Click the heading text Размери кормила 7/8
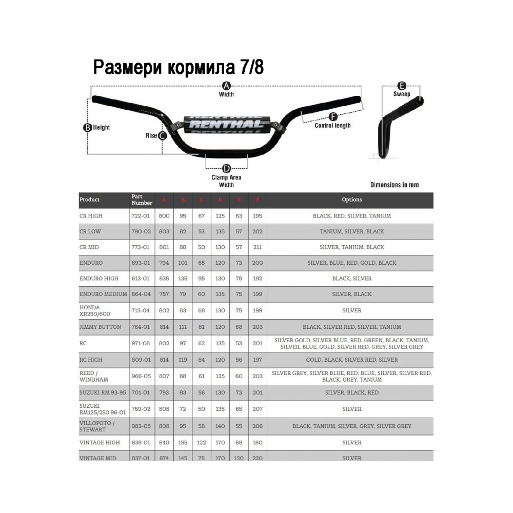[x=178, y=67]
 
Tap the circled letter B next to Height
[x=87, y=127]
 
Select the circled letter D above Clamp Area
[x=226, y=168]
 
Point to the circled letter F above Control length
[x=332, y=116]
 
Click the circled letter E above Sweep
[x=402, y=86]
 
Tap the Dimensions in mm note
[x=394, y=185]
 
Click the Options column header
[x=351, y=200]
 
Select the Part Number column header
[x=142, y=200]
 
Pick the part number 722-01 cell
[x=141, y=216]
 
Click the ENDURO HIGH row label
[x=98, y=279]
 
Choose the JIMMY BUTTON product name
[x=100, y=327]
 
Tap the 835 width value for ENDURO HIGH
[x=164, y=279]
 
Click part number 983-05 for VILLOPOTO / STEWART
[x=141, y=426]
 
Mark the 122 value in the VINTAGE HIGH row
[x=202, y=442]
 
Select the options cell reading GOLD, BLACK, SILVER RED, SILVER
[x=351, y=360]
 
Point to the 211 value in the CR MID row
[x=258, y=247]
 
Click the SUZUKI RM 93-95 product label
[x=102, y=392]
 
